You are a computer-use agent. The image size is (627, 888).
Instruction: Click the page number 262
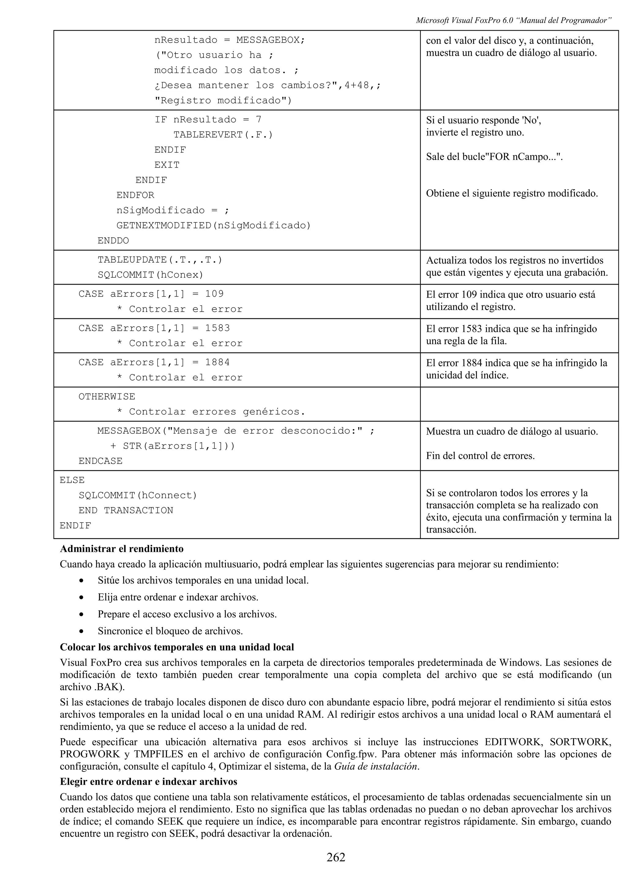click(336, 857)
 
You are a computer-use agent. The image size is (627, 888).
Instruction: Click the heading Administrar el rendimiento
click(122, 549)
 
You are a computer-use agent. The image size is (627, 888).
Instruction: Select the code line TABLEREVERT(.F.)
click(223, 135)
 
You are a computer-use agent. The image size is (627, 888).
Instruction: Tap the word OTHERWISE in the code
click(107, 397)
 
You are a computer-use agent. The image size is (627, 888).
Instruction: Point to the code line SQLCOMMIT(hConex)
click(150, 275)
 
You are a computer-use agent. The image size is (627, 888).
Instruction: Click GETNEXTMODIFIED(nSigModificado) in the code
click(214, 226)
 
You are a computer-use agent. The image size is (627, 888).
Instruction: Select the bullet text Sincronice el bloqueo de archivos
click(170, 631)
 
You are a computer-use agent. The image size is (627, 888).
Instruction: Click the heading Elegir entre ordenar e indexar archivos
click(148, 782)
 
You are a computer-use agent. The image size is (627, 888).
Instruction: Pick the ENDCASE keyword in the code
click(100, 461)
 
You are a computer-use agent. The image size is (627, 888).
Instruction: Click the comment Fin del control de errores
click(480, 456)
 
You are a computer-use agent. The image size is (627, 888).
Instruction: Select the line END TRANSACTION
click(126, 510)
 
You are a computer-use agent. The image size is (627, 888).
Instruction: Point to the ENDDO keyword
click(113, 241)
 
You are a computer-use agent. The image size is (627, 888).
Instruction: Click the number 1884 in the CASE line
click(217, 362)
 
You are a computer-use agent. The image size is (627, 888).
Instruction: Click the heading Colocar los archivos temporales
click(177, 647)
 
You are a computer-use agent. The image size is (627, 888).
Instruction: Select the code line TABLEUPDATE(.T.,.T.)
click(160, 260)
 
